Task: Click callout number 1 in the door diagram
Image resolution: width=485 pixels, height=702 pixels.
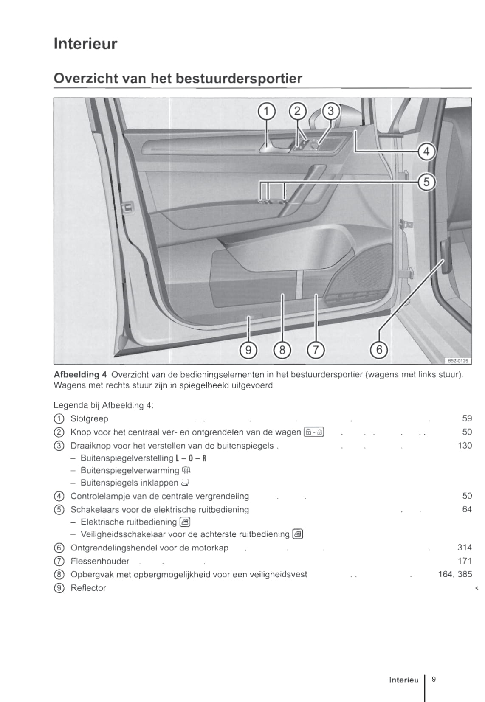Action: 266,112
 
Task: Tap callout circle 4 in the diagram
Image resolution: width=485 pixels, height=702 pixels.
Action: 426,152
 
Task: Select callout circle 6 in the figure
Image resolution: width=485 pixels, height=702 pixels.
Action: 379,350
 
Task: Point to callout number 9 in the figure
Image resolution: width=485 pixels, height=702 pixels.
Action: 248,350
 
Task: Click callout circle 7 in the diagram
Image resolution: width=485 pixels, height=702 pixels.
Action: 316,350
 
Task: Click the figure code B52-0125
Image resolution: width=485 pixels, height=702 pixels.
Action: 457,361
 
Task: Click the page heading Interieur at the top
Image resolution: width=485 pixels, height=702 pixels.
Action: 85,44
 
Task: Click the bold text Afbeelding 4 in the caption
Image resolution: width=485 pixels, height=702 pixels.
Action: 80,375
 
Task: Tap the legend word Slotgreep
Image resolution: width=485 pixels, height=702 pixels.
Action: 89,419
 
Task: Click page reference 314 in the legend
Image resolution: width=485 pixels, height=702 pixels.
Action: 465,548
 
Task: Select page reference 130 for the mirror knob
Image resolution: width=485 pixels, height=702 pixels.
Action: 465,446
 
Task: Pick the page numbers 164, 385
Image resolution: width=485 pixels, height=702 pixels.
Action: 455,574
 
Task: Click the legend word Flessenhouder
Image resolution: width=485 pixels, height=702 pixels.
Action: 100,561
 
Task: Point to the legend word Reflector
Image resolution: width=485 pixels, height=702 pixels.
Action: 88,588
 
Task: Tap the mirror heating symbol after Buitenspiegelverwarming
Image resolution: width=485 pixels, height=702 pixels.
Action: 186,470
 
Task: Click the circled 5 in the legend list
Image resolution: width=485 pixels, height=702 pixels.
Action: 59,510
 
